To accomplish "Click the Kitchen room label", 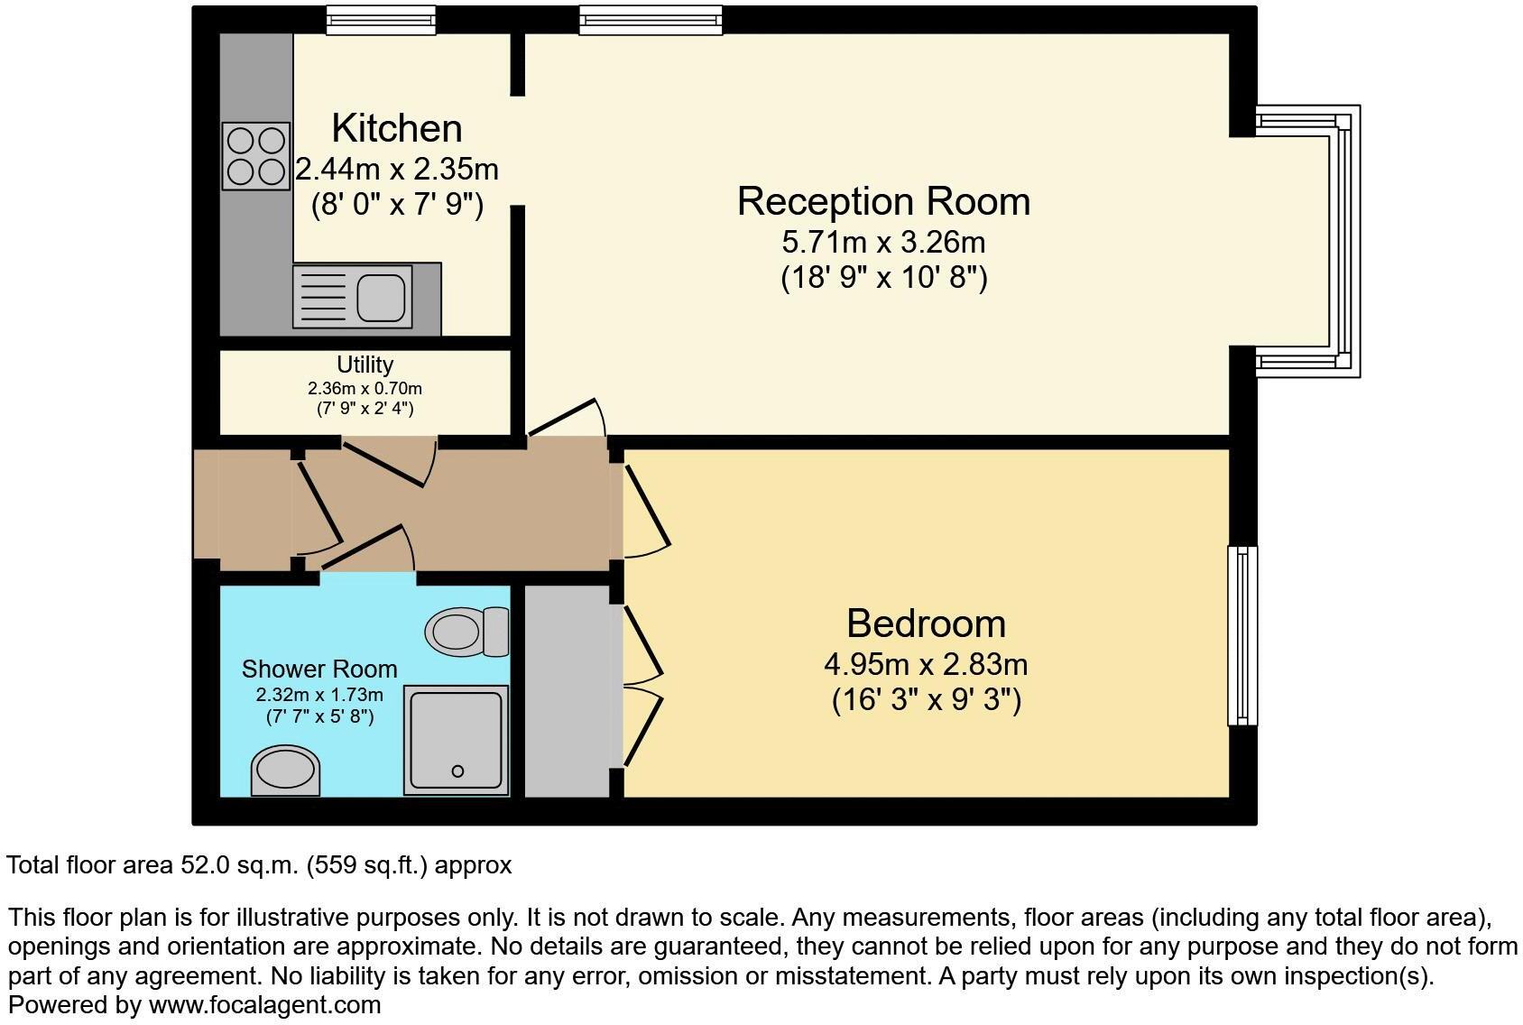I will click(397, 128).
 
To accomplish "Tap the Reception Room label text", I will click(883, 200).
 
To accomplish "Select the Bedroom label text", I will click(926, 623).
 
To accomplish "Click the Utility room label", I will click(365, 365).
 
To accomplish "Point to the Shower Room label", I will click(319, 669).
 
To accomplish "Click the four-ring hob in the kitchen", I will click(256, 156).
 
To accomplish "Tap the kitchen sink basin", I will click(383, 297).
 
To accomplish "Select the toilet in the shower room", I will click(466, 631).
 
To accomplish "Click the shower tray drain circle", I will click(457, 771).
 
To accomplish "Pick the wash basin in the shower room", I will click(285, 771).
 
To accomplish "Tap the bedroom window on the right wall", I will click(1242, 635).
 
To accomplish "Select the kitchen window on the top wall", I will click(381, 20).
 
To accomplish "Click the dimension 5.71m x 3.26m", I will click(883, 242).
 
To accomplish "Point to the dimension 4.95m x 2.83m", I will click(926, 665).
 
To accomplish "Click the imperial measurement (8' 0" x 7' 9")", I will click(397, 206).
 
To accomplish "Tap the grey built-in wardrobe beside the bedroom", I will click(567, 690).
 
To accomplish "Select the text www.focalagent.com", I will click(264, 1004).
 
